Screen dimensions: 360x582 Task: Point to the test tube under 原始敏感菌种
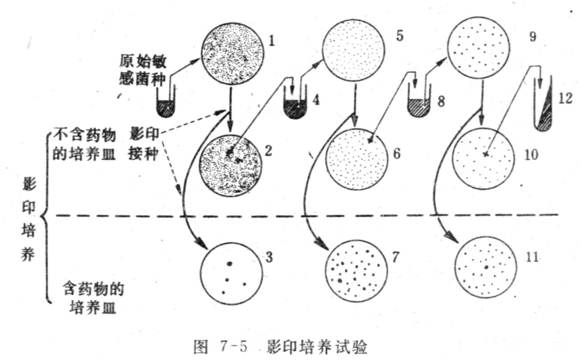[x=166, y=105]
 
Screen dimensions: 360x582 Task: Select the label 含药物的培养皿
[x=93, y=299]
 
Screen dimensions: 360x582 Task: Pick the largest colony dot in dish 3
[x=230, y=263]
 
